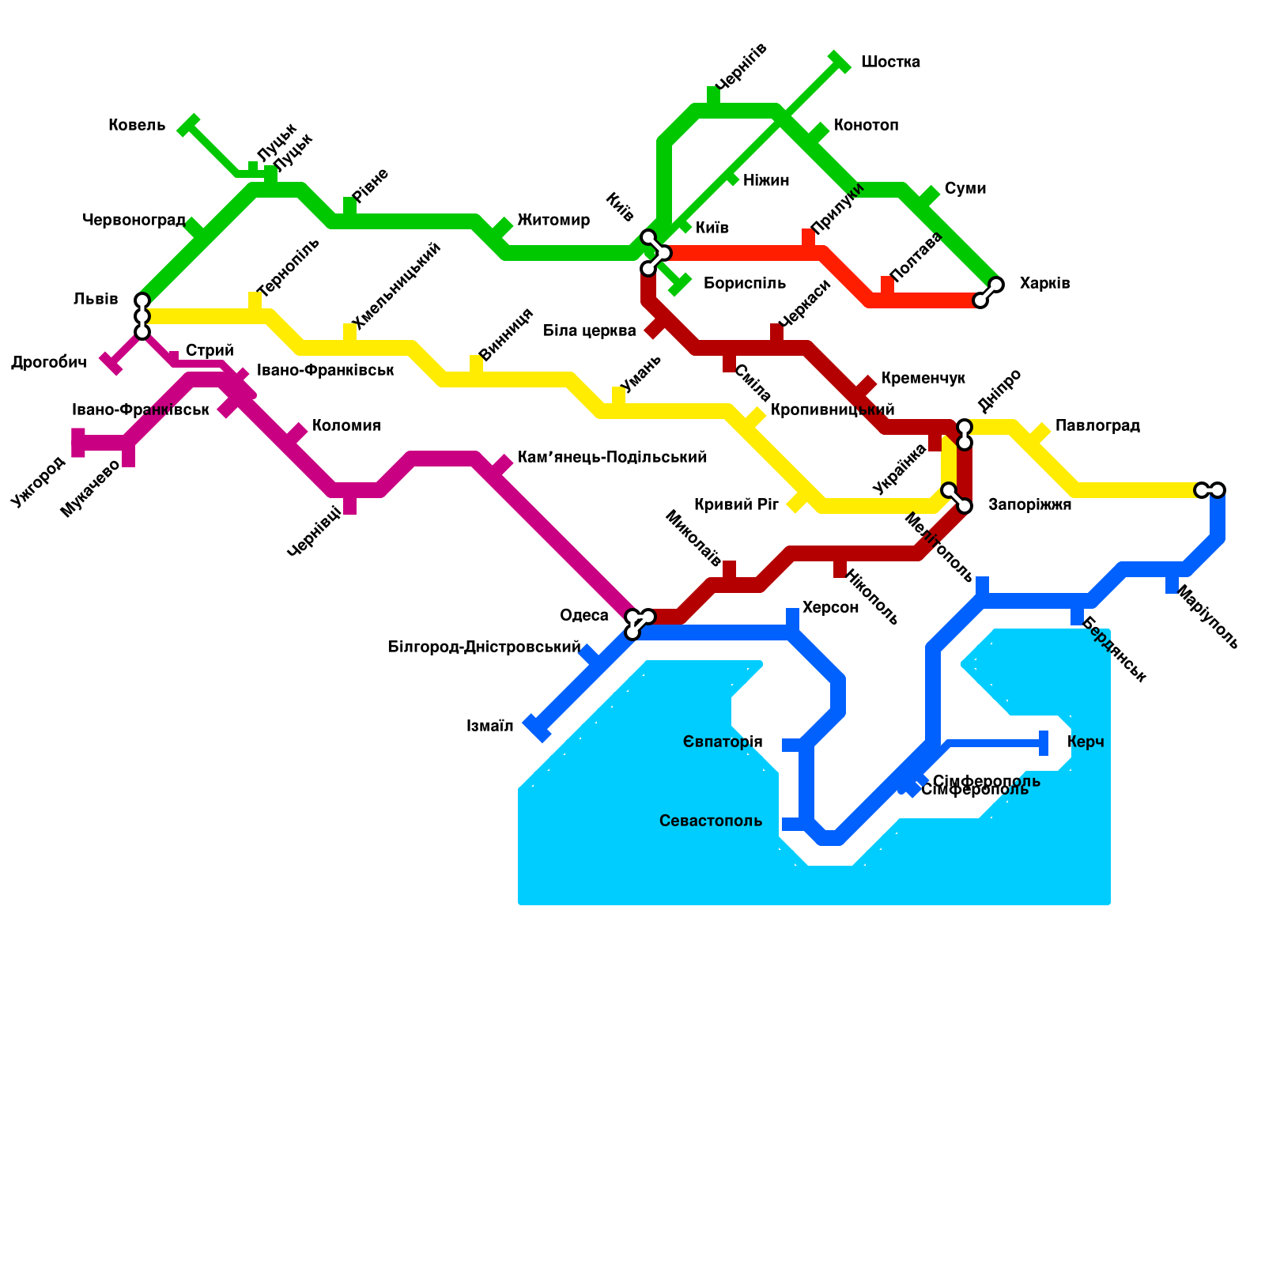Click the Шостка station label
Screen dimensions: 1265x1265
pyautogui.click(x=889, y=62)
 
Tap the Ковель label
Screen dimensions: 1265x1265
pyautogui.click(x=137, y=126)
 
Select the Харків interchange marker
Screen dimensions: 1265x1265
pyautogui.click(x=988, y=293)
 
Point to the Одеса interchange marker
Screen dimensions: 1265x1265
pyautogui.click(x=639, y=623)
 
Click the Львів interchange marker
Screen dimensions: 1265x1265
pyautogui.click(x=142, y=316)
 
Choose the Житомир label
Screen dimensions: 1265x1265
pyautogui.click(x=553, y=221)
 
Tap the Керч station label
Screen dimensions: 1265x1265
pyautogui.click(x=1085, y=742)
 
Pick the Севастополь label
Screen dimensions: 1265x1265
pyautogui.click(x=711, y=821)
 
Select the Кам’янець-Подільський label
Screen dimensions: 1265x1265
pyautogui.click(x=612, y=458)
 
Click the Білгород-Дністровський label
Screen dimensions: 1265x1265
pyautogui.click(x=484, y=648)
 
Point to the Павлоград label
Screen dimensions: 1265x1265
pyautogui.click(x=1097, y=426)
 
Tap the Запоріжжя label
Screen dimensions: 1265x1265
pyautogui.click(x=1029, y=505)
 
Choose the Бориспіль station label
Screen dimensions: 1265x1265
pyautogui.click(x=744, y=284)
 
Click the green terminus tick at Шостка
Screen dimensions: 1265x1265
pyautogui.click(x=840, y=62)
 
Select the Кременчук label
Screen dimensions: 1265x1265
pyautogui.click(x=923, y=379)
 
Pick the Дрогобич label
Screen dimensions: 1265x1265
pyautogui.click(x=48, y=363)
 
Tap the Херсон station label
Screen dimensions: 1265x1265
pyautogui.click(x=830, y=608)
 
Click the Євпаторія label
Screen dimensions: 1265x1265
pyautogui.click(x=723, y=742)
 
